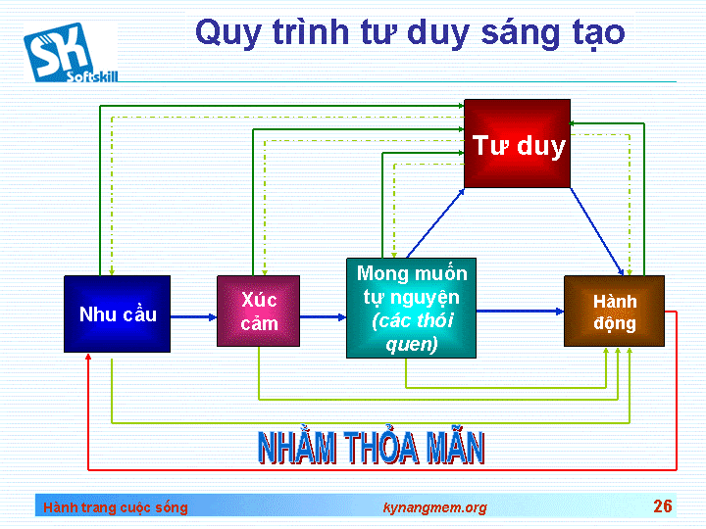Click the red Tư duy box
pyautogui.click(x=517, y=143)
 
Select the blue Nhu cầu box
pyautogui.click(x=117, y=314)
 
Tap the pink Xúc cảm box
pyautogui.click(x=259, y=311)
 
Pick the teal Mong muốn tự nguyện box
pyautogui.click(x=411, y=309)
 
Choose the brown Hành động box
pyautogui.click(x=614, y=311)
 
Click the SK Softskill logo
pyautogui.click(x=71, y=53)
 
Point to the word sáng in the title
pyautogui.click(x=516, y=33)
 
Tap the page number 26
pyautogui.click(x=663, y=506)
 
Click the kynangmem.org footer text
pyautogui.click(x=435, y=507)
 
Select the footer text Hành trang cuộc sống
pyautogui.click(x=116, y=507)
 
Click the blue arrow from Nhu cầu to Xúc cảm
pyautogui.click(x=193, y=317)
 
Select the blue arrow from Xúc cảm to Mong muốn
pyautogui.click(x=323, y=317)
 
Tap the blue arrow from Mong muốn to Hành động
pyautogui.click(x=520, y=311)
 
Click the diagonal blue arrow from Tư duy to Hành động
pyautogui.click(x=597, y=231)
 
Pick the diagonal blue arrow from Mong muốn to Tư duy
pyautogui.click(x=435, y=223)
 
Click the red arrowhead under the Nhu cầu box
pyautogui.click(x=88, y=357)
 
